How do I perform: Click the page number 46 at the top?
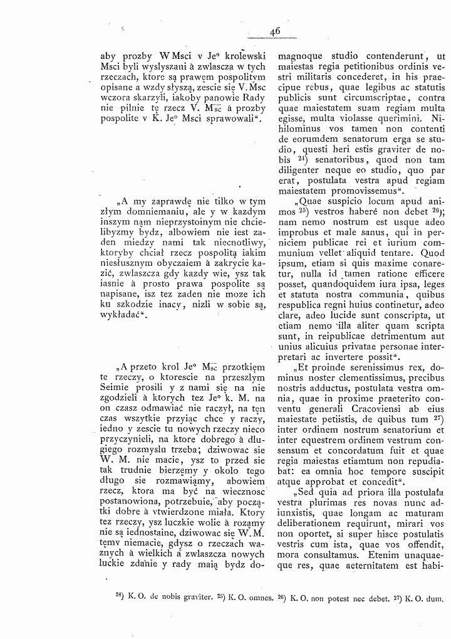[275, 31]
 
